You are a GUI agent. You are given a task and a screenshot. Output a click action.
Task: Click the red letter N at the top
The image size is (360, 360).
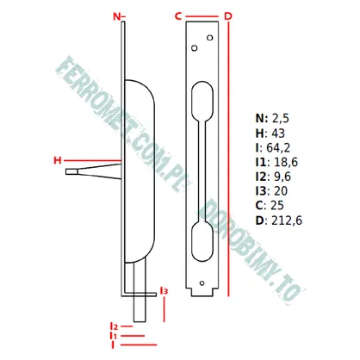117,16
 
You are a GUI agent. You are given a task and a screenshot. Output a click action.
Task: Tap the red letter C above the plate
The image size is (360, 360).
178,16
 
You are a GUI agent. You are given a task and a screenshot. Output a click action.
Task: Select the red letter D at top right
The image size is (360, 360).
228,16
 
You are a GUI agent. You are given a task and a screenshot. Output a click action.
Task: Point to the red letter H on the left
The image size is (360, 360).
58,160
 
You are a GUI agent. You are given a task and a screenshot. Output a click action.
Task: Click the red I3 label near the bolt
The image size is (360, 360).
164,291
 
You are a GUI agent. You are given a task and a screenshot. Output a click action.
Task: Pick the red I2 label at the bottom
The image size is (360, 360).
115,326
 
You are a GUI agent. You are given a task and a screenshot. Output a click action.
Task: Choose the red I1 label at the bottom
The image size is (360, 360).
114,336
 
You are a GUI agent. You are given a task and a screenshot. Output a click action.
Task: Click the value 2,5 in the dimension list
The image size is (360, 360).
280,119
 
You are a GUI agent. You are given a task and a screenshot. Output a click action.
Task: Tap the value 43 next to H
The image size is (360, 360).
278,133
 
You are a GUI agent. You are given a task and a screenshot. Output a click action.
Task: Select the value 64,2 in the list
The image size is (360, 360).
278,147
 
